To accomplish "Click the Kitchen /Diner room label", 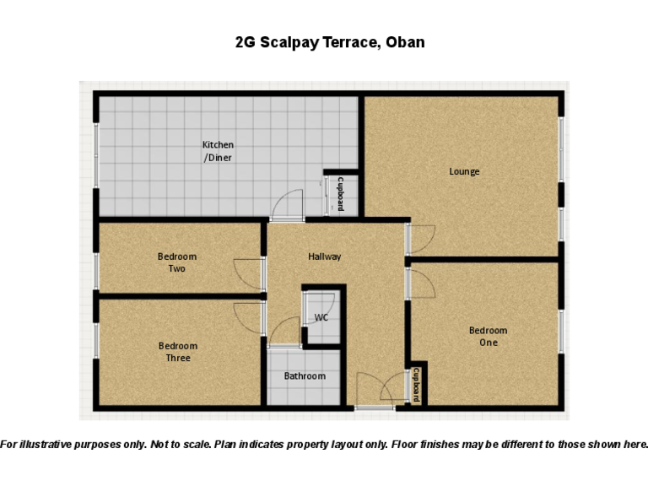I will click(218, 151).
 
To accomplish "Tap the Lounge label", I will click(464, 172).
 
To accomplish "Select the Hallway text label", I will click(324, 256).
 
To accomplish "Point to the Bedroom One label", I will click(489, 337).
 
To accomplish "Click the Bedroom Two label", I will click(177, 262).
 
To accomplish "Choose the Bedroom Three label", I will click(177, 352).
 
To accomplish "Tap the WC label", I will click(321, 318).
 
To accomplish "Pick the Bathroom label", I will click(305, 376).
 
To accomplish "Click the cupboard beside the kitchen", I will click(341, 194).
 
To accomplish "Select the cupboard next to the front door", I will click(416, 386).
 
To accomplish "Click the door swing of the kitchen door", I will click(289, 205).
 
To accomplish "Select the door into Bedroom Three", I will click(251, 318).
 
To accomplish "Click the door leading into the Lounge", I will click(421, 239).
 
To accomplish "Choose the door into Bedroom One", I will click(421, 283).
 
